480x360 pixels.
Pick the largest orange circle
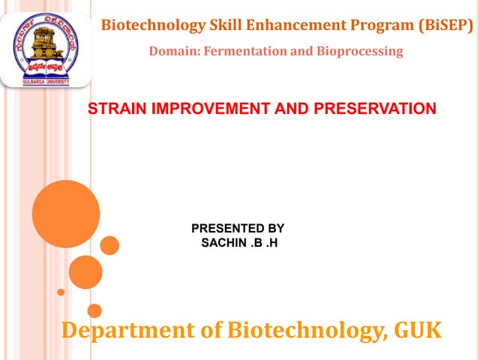pos(66,214)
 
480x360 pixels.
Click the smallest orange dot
pos(61,292)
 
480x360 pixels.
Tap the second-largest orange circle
pos(85,272)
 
